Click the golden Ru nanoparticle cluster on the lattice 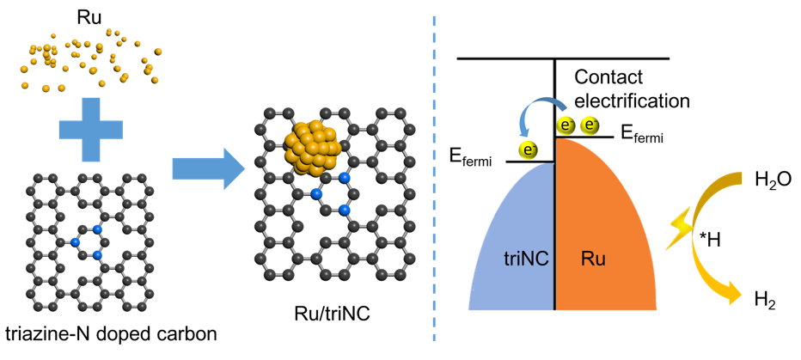point(314,149)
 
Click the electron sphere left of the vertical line point(529,150)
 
